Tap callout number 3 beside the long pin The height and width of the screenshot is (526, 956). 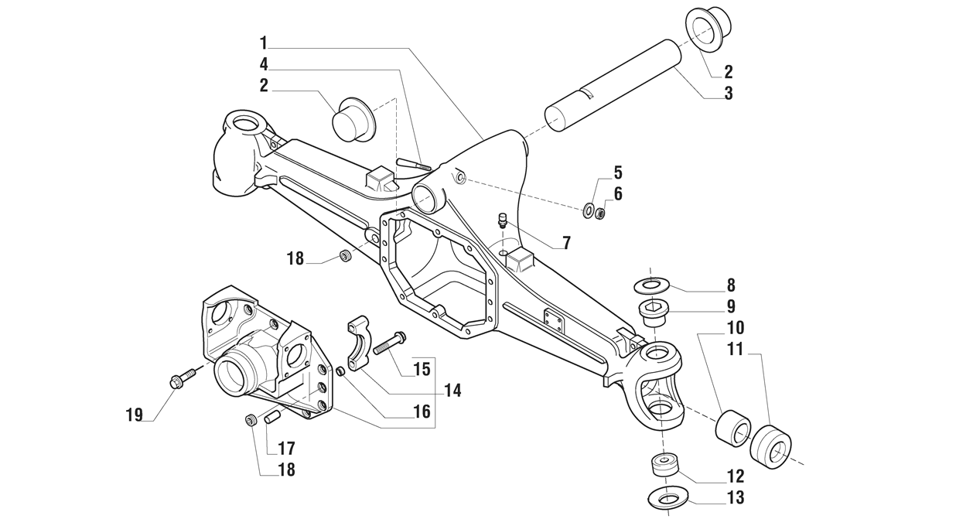(728, 94)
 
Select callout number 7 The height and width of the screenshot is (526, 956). (566, 243)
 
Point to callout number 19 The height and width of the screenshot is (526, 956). (135, 415)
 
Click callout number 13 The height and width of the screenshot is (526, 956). (736, 497)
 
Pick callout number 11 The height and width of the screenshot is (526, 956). (735, 350)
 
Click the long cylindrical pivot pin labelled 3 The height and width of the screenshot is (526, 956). (612, 86)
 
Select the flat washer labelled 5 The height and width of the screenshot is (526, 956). (589, 209)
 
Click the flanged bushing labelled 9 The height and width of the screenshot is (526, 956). (654, 315)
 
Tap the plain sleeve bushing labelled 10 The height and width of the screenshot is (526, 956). (732, 429)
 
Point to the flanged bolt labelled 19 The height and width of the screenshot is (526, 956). (179, 380)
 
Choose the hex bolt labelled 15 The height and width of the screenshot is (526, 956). (389, 343)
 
